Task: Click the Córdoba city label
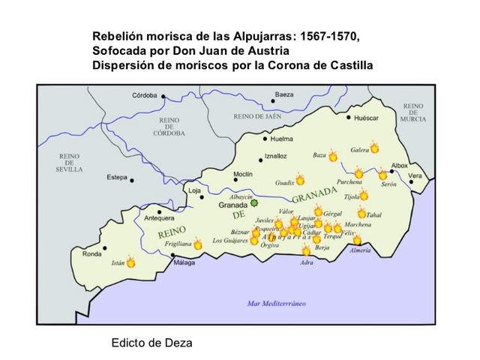145,95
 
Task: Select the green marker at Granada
254,202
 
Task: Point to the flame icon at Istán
131,262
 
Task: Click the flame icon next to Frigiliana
198,244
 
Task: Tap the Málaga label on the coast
184,263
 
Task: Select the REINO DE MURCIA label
412,113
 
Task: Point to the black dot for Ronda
105,247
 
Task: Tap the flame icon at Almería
358,240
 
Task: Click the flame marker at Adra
306,251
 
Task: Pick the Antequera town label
159,218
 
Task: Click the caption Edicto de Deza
151,343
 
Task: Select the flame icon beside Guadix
300,180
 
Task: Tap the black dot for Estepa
131,180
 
